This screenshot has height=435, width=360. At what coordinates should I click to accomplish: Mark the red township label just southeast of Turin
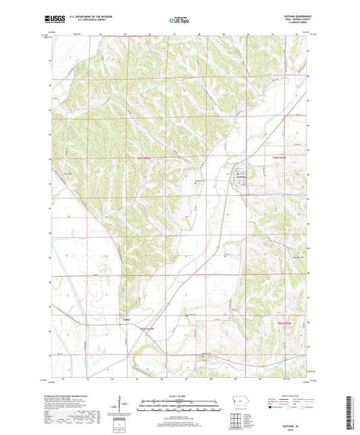pyautogui.click(x=147, y=328)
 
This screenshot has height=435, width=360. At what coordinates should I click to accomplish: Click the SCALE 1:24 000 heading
pyautogui.click(x=180, y=395)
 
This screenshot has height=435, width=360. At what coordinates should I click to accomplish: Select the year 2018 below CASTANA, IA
pyautogui.click(x=294, y=424)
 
